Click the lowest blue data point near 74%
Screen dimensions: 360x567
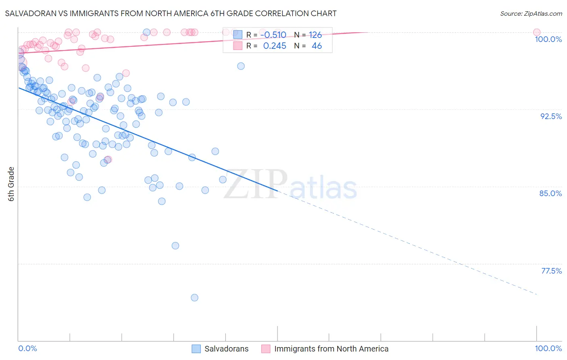click(x=194, y=297)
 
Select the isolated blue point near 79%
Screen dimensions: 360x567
click(x=175, y=245)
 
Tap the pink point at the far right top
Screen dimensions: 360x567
click(x=536, y=32)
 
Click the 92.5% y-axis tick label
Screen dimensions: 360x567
click(x=551, y=116)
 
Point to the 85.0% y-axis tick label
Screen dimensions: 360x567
click(x=550, y=193)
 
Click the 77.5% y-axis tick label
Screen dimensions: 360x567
click(x=551, y=271)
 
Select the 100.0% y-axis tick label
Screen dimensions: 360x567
click(x=548, y=39)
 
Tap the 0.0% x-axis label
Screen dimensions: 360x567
click(x=27, y=348)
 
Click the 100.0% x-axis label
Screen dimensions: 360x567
click(x=548, y=348)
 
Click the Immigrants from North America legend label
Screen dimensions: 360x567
click(x=331, y=349)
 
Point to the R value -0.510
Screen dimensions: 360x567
click(x=273, y=35)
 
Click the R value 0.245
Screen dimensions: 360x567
click(x=275, y=46)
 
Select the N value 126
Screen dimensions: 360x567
click(x=315, y=35)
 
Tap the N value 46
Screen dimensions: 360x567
click(x=317, y=46)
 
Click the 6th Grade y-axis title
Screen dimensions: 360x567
click(x=11, y=184)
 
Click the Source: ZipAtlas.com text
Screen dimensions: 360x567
click(x=531, y=14)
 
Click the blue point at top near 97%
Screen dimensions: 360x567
click(x=241, y=66)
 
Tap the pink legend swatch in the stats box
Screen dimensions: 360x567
click(x=238, y=46)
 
